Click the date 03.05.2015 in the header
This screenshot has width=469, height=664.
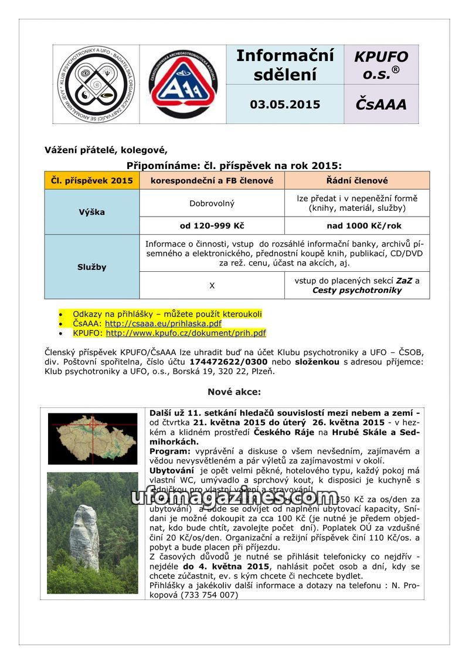(285, 105)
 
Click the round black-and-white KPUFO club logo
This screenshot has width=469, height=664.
(96, 84)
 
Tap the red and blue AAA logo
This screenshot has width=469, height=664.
(183, 85)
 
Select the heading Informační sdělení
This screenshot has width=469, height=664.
(285, 65)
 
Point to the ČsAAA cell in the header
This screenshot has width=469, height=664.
(380, 105)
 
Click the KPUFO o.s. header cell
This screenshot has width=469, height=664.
(381, 65)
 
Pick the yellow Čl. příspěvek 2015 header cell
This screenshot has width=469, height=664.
(92, 180)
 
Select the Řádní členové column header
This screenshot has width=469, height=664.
(357, 180)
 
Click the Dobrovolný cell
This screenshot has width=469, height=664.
(212, 203)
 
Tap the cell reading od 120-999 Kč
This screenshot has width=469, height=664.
(212, 225)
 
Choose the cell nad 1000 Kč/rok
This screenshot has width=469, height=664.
(357, 225)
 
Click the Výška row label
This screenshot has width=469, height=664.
(92, 212)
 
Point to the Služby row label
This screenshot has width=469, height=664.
(92, 267)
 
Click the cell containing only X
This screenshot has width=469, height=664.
(212, 285)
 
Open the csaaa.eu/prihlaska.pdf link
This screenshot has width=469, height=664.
(163, 323)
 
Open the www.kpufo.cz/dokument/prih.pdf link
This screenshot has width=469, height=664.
(186, 333)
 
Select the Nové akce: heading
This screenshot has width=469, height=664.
(234, 392)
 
